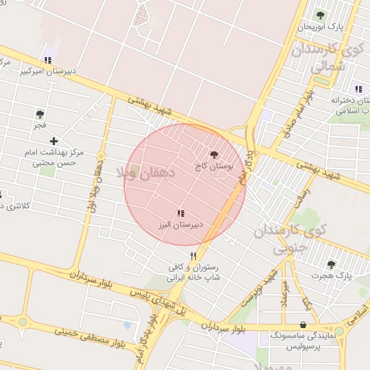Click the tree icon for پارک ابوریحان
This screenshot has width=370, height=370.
coord(320,14)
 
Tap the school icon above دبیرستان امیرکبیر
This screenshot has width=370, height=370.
coord(48,60)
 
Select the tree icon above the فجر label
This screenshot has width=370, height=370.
coord(40,114)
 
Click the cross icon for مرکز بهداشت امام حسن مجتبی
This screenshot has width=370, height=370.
coord(53,140)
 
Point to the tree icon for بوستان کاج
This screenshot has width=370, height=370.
coord(214,154)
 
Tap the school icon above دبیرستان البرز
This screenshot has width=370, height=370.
coord(181,213)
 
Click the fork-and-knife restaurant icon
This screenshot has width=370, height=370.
coord(193,256)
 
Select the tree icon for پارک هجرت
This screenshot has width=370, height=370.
coord(331,265)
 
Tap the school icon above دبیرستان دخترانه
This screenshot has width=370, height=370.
coord(358,89)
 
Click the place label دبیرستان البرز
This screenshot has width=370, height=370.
coord(181,225)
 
